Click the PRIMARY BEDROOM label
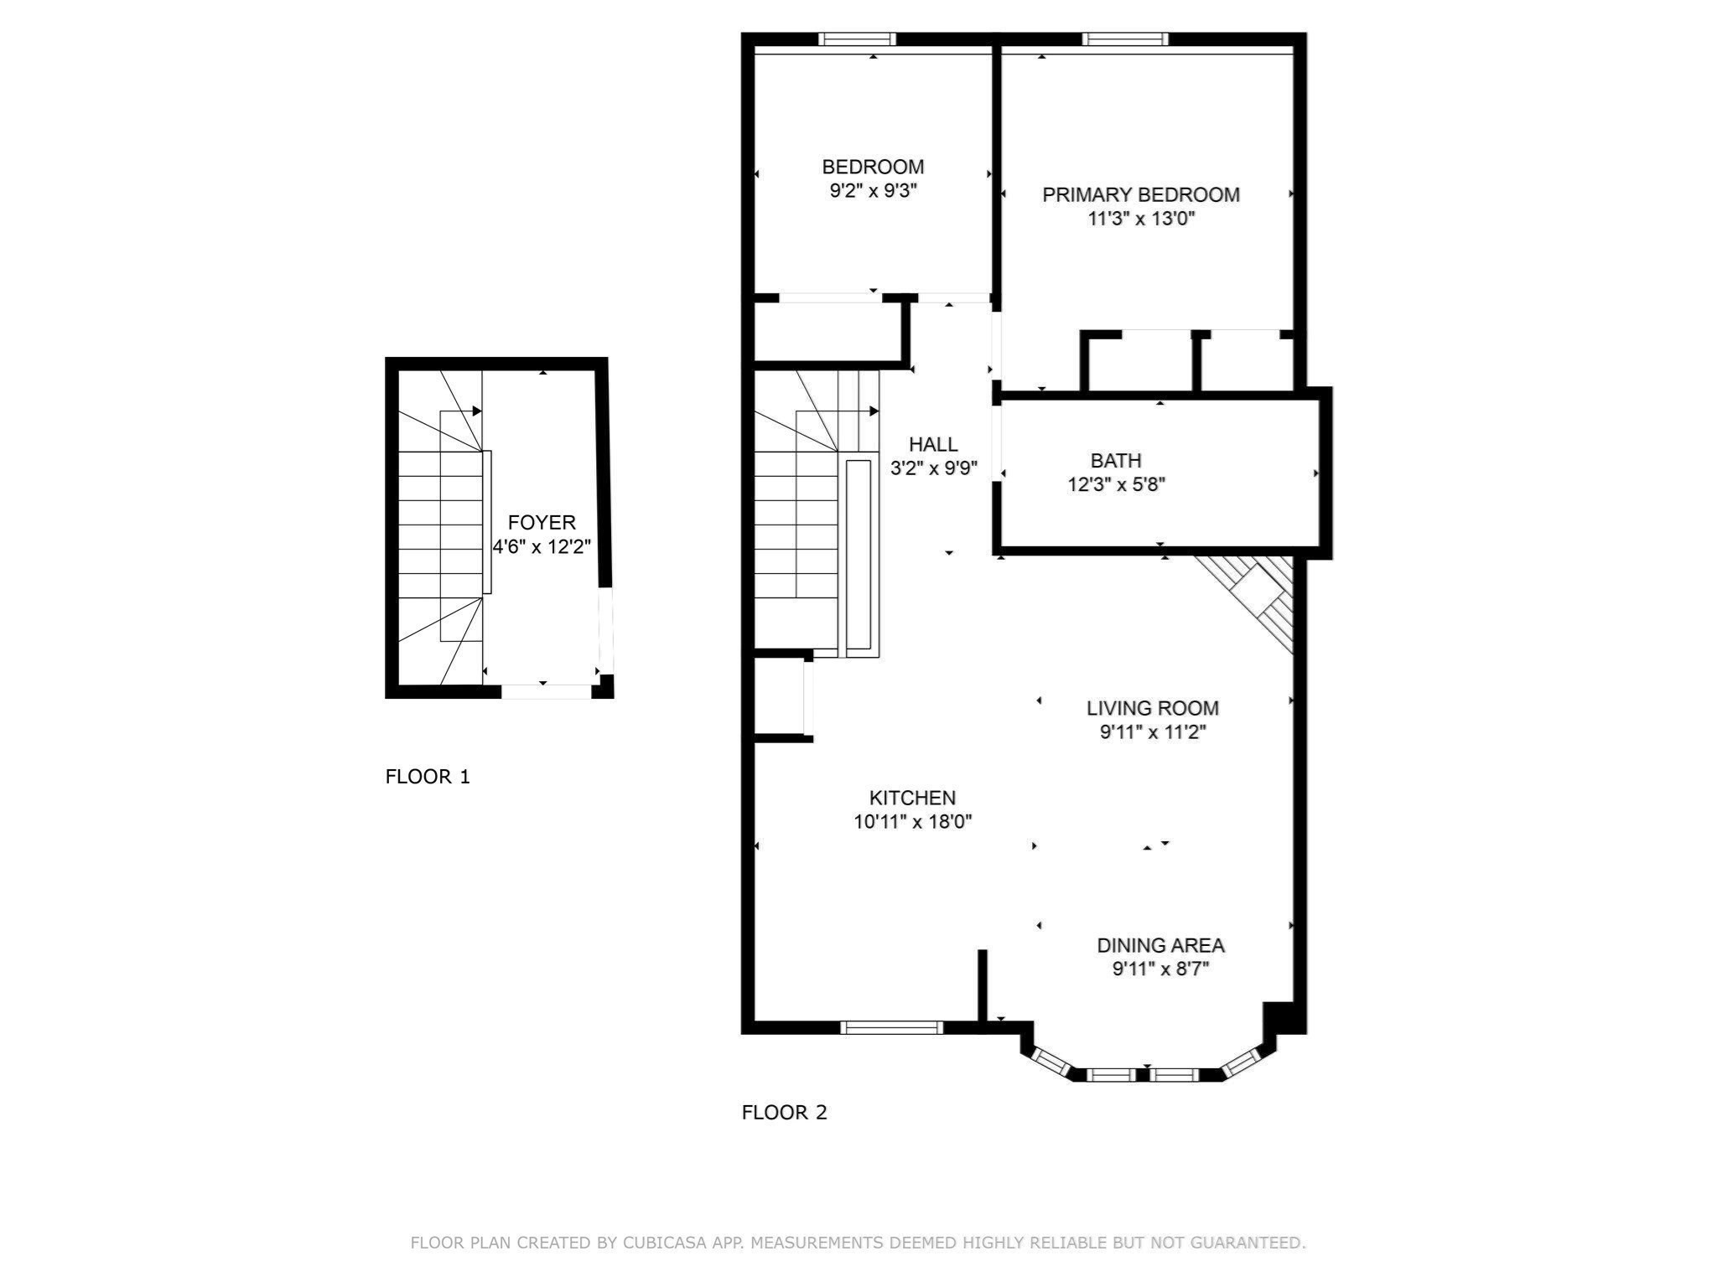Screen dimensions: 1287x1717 (x=1140, y=194)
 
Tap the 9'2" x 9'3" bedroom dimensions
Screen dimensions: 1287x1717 (x=873, y=191)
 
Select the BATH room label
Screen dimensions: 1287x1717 (x=1115, y=460)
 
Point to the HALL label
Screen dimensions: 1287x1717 (x=933, y=444)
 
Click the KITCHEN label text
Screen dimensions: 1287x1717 (x=912, y=798)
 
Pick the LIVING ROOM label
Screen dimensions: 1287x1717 (x=1152, y=708)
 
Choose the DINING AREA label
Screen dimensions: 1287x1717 (x=1160, y=945)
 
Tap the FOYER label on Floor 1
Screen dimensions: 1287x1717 (x=542, y=523)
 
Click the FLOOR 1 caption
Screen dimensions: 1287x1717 (x=428, y=777)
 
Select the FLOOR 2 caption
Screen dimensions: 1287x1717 (x=784, y=1113)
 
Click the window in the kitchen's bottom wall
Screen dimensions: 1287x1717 (x=892, y=1027)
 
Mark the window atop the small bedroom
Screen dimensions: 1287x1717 (x=857, y=39)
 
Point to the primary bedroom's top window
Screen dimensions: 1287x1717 (x=1124, y=39)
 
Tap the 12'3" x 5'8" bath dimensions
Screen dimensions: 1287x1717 (x=1116, y=484)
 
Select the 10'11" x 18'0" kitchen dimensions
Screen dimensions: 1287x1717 (x=912, y=822)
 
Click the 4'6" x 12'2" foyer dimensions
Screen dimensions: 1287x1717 (x=542, y=547)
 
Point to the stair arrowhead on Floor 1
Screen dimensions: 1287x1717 (x=477, y=411)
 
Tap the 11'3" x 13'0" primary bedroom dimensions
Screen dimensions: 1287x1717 (x=1140, y=220)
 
